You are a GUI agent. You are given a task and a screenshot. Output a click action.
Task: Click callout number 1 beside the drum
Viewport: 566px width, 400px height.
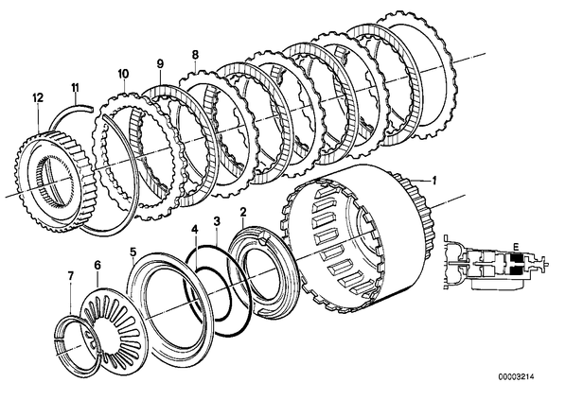[434, 181]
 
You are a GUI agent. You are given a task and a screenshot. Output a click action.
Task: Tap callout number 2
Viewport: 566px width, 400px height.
[243, 212]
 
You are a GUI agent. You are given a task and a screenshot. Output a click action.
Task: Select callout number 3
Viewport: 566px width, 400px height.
[217, 221]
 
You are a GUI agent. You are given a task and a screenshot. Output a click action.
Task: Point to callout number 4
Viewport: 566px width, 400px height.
[195, 230]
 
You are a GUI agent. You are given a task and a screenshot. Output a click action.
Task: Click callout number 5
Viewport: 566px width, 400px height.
[133, 252]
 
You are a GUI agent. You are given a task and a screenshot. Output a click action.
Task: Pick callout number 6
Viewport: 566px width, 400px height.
[97, 265]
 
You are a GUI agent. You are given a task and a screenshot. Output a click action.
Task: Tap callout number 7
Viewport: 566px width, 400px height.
[71, 276]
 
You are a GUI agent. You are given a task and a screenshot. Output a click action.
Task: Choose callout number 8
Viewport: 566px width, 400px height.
[195, 55]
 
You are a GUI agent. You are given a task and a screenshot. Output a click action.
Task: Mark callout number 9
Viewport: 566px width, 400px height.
[160, 64]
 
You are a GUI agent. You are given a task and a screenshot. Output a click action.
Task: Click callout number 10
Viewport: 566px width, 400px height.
[123, 74]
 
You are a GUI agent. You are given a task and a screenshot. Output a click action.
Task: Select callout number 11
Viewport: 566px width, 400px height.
[75, 88]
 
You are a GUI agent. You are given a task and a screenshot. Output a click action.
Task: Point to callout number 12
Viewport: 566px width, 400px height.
[38, 97]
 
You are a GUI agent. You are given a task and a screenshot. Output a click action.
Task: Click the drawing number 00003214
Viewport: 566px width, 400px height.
[516, 377]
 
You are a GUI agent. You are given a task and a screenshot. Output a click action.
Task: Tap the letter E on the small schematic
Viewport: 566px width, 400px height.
[516, 247]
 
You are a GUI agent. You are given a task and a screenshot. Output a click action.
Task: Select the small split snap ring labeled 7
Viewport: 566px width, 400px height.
[77, 345]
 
